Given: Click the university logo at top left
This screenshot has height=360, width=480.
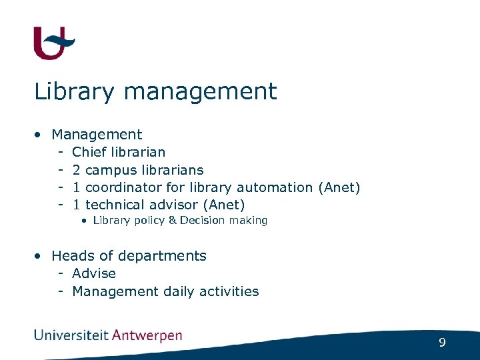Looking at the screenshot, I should coord(54,43).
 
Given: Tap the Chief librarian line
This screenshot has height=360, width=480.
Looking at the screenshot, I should coord(119,152).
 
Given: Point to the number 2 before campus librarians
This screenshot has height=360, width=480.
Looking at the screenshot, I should coord(77,170).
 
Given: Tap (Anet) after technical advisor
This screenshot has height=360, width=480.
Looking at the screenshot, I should coord(225,205).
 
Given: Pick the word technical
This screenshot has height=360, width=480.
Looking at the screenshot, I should coord(117,205).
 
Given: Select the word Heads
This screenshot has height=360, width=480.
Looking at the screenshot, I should coord(73,256).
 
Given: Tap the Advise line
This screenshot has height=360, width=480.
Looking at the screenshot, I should coord(94,273).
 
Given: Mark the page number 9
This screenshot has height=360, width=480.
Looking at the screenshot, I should coord(442,343).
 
